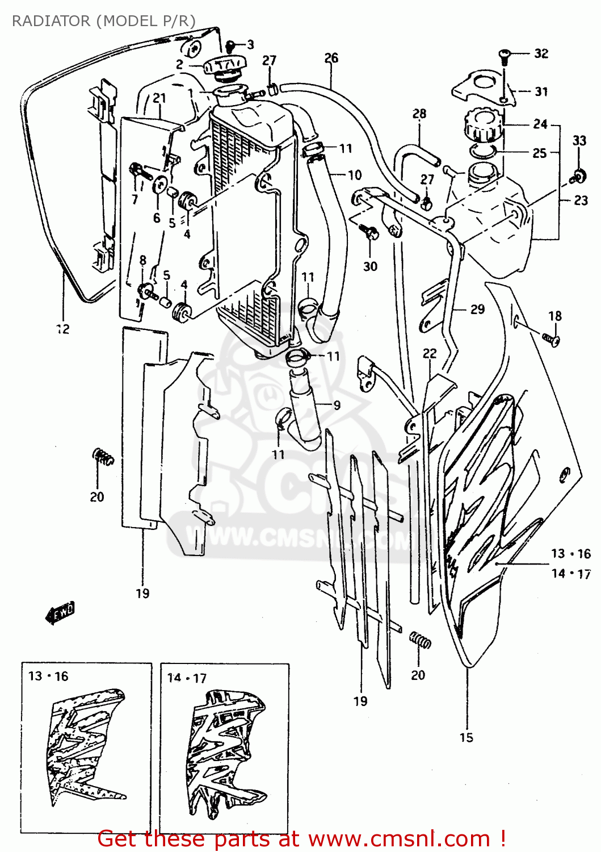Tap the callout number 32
coord(541,53)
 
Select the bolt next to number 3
coord(231,45)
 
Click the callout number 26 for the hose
coord(331,58)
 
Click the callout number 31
coord(541,91)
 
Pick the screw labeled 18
coord(550,339)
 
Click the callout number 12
coord(63,329)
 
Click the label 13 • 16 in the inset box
coord(48,676)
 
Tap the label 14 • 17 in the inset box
coord(187,678)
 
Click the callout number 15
coord(466,737)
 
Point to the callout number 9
coord(337,405)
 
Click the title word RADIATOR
coord(51,21)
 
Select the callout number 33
coord(579,140)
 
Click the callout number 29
coord(477,309)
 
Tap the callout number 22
coord(430,353)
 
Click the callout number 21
coord(159,98)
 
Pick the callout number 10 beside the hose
coord(355,175)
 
